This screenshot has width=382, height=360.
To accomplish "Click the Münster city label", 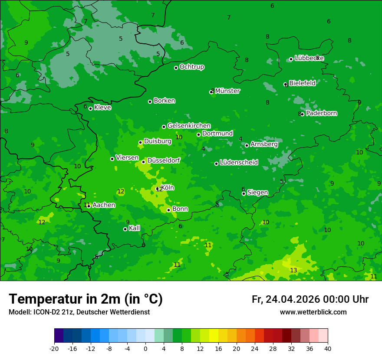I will click(x=227, y=91).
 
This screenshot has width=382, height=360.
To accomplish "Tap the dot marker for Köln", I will click(x=158, y=189).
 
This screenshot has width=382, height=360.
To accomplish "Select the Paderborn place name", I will click(x=321, y=114).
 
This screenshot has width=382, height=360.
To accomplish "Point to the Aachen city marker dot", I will click(x=89, y=206).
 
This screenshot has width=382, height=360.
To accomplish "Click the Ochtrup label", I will click(x=191, y=67).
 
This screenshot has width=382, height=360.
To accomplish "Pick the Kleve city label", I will click(x=102, y=108).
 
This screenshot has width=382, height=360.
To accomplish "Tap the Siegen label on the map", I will click(x=257, y=193).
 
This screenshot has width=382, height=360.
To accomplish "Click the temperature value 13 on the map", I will click(x=293, y=271).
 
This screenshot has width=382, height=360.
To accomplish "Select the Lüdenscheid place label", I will click(x=239, y=163).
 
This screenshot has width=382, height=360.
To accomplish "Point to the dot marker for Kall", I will click(x=125, y=229).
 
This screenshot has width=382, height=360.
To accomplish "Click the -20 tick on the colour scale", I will click(x=54, y=349).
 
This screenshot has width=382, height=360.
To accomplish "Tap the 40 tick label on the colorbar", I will click(x=328, y=349).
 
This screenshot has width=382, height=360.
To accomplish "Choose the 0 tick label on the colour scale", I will click(x=145, y=349).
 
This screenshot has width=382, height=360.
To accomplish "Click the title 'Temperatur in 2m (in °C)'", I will click(x=86, y=299).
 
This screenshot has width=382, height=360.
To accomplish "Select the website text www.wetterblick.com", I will click(x=313, y=312).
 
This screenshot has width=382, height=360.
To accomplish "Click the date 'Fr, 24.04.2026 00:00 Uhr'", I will click(x=310, y=300).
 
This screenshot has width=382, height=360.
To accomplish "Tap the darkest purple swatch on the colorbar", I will click(x=59, y=336).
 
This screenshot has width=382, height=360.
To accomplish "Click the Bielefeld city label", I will click(x=302, y=83).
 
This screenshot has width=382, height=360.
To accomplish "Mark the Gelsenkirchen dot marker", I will click(x=164, y=127).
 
